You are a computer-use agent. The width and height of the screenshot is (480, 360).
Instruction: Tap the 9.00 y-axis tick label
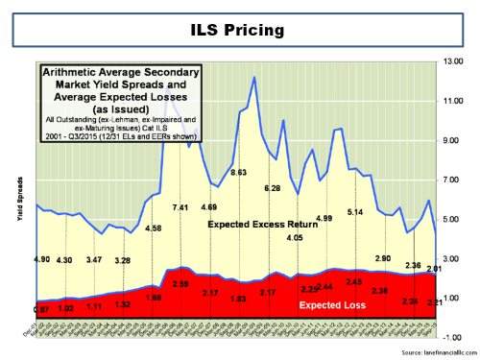(x=452, y=140)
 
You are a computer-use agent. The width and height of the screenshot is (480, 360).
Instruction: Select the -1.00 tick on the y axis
(x=451, y=338)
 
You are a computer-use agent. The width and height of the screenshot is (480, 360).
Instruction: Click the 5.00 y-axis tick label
(x=452, y=220)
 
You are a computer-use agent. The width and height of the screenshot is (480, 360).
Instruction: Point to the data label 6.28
(x=271, y=189)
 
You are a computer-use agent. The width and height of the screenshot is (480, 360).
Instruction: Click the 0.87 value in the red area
(x=41, y=309)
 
